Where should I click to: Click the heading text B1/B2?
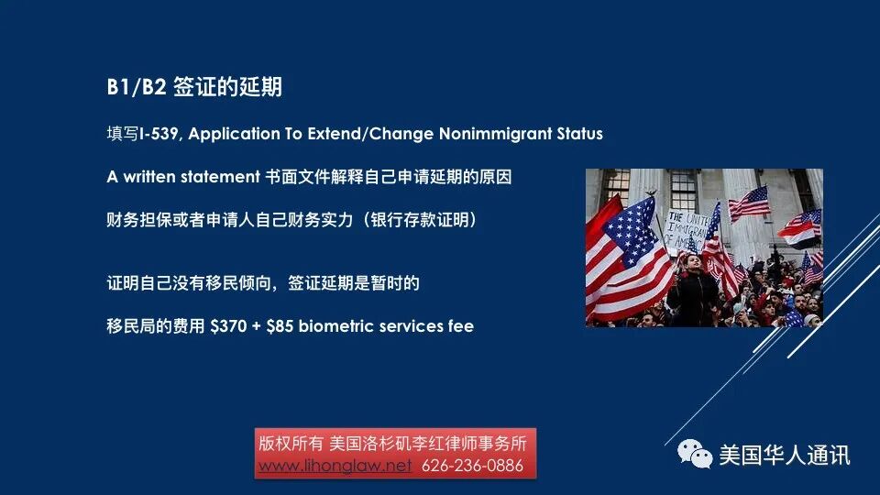point(135,88)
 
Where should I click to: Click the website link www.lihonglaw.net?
point(335,466)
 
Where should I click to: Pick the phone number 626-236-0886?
point(472,466)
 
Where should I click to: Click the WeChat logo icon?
point(694,454)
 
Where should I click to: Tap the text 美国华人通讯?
point(784,455)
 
